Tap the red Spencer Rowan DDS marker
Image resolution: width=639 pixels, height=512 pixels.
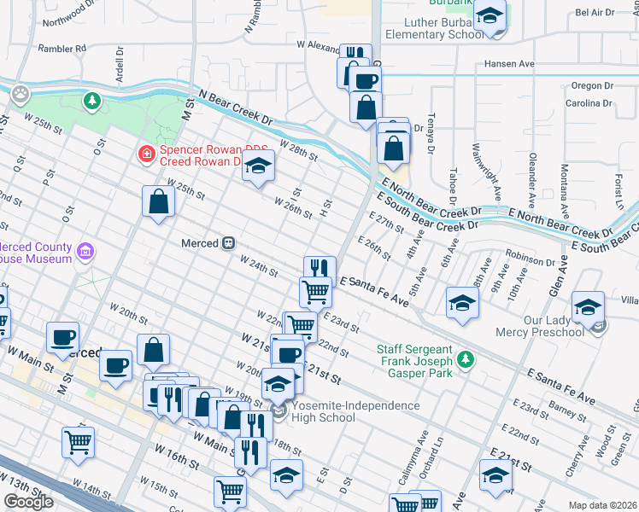click(147, 154)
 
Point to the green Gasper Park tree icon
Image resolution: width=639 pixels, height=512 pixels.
click(465, 360)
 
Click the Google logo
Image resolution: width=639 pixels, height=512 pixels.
click(29, 502)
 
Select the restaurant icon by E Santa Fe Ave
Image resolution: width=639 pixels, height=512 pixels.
click(318, 268)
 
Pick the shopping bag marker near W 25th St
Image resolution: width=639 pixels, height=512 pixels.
click(159, 203)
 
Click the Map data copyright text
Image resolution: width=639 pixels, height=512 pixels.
click(601, 505)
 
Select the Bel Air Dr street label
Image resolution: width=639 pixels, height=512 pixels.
click(595, 12)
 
